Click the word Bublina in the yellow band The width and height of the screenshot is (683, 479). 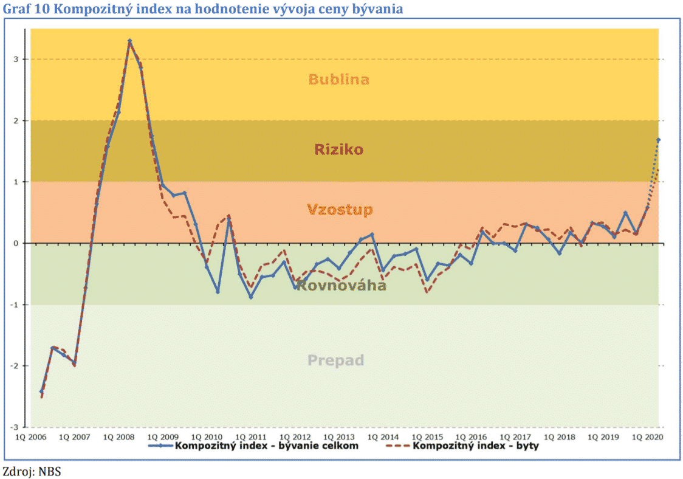pos(338,79)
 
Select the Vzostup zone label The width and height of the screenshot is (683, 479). pos(340,210)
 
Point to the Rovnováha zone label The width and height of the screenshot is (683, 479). pos(341,285)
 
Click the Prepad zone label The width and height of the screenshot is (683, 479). pos(335,360)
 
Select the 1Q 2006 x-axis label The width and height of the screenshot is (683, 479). pos(30,436)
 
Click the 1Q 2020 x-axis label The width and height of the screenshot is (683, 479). pos(648,436)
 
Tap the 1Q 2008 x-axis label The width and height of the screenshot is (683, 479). pos(118,436)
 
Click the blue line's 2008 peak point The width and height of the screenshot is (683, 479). pos(129,41)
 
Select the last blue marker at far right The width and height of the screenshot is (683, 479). pos(658,140)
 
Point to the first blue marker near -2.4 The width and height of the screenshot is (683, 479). pos(41,391)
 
